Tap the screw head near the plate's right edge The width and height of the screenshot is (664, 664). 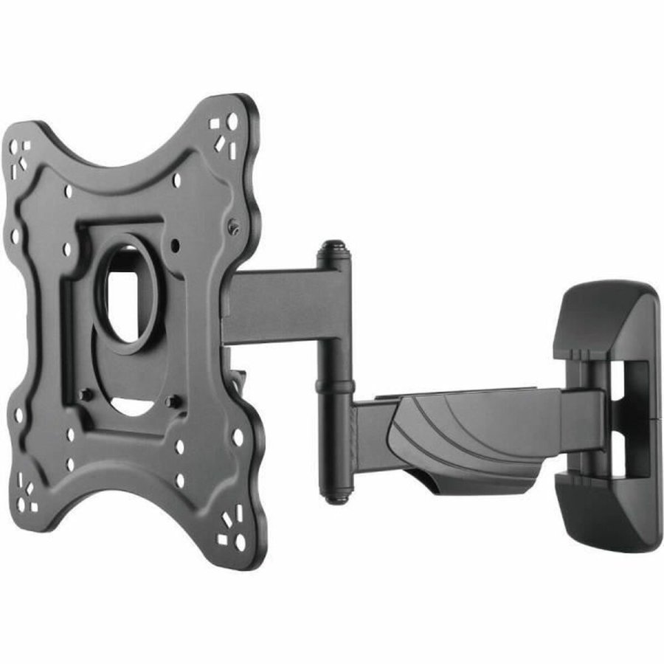coord(234,228)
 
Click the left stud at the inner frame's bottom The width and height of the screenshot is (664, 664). coord(87,395)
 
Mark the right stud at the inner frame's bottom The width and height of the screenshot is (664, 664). coord(173,402)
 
